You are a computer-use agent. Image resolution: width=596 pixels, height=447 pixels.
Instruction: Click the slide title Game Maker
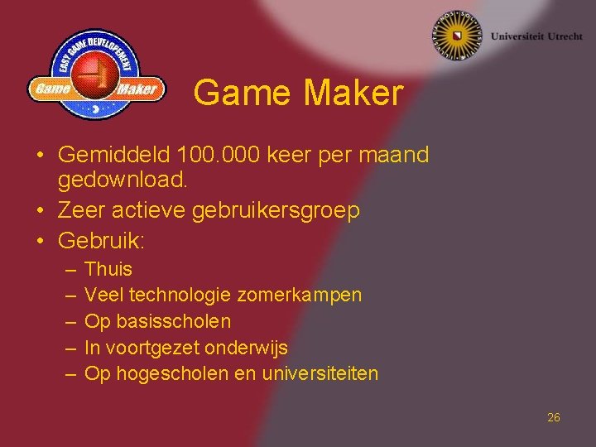(x=298, y=93)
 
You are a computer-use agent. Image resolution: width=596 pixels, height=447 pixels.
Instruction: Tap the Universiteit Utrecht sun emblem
(x=457, y=36)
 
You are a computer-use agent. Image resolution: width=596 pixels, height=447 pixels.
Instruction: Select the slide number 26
(x=554, y=417)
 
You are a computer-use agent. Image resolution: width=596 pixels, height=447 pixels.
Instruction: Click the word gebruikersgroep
(x=276, y=211)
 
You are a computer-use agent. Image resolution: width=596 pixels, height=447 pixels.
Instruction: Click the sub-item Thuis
(x=108, y=269)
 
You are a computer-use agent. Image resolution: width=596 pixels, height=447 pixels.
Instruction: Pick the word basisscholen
(x=173, y=320)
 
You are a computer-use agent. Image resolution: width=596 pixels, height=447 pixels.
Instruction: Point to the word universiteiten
(x=320, y=373)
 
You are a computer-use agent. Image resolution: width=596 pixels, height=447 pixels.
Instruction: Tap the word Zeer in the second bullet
(x=78, y=211)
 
